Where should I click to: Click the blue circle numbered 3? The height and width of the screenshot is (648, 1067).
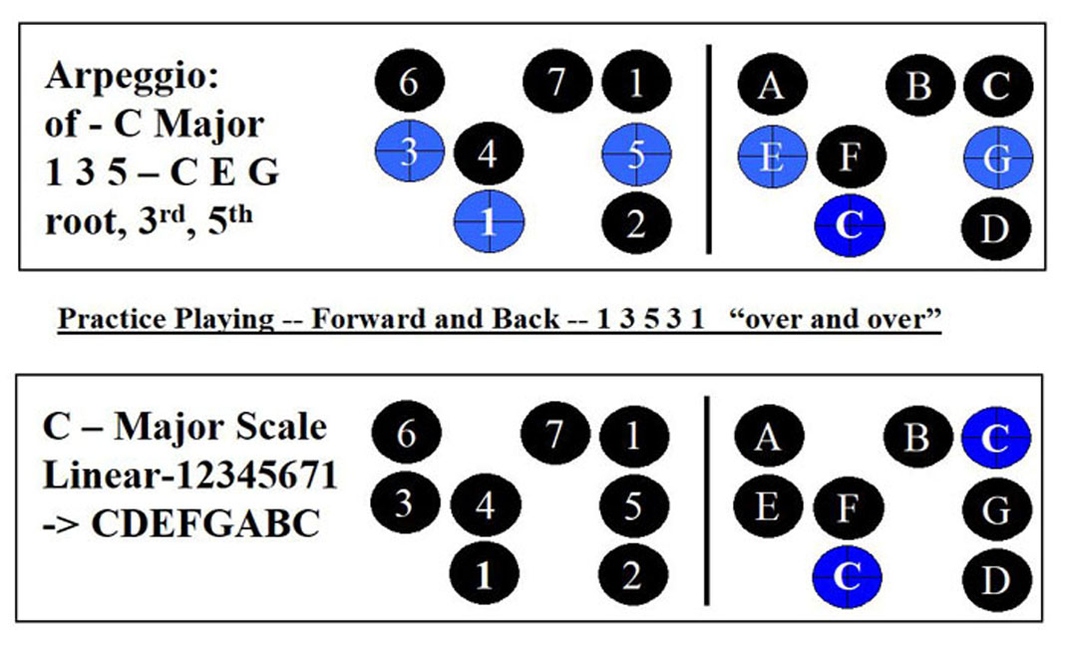point(409,154)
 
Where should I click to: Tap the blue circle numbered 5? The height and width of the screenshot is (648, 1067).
point(636,155)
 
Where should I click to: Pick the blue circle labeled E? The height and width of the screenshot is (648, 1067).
point(772,156)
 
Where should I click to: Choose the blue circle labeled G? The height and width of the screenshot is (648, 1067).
point(998,156)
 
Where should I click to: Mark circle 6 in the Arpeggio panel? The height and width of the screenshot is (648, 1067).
point(408,84)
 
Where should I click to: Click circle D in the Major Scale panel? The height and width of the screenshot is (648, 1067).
point(996,578)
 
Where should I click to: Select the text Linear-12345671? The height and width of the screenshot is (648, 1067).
point(189,476)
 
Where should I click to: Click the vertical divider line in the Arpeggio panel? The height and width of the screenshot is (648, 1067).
point(709,148)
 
